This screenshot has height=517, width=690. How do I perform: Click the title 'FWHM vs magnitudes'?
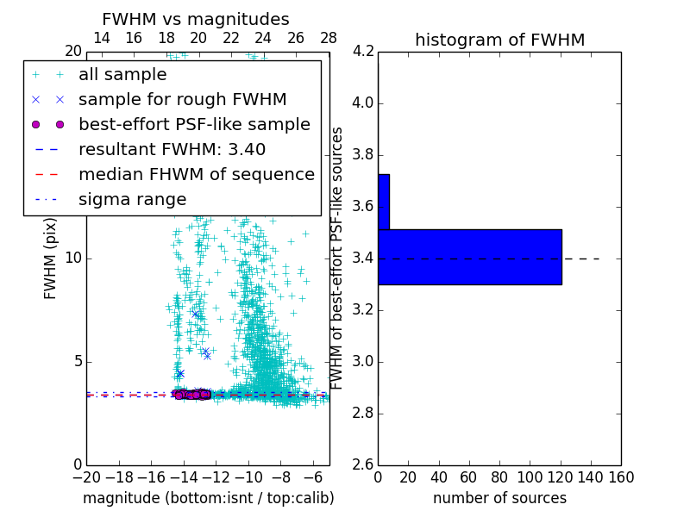point(196,19)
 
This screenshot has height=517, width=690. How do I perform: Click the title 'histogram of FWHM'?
point(499,40)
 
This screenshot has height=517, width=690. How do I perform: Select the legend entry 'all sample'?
point(122,75)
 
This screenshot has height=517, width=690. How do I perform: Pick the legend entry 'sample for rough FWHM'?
point(182,99)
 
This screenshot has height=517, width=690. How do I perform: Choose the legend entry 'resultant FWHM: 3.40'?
point(172,149)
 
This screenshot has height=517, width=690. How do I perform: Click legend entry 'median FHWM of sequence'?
point(196,174)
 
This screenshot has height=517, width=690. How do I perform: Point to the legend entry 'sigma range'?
point(132,199)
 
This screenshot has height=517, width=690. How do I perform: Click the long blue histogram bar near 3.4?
point(470,257)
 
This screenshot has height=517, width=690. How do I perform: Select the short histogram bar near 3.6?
point(384,202)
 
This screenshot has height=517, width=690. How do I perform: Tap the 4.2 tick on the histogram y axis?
point(363,52)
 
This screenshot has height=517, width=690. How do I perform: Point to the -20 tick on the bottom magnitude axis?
point(86,477)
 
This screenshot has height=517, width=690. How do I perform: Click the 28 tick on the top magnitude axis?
point(329,39)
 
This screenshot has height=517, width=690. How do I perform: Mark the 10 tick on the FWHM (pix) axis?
point(73,258)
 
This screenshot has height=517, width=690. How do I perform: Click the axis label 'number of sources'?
point(499,498)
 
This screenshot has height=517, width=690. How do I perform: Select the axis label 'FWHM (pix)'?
point(51,258)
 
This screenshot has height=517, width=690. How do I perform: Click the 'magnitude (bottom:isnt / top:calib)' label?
point(208,498)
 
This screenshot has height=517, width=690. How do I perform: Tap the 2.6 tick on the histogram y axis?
point(363,464)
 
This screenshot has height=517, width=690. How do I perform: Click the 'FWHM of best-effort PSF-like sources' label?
point(338,258)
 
